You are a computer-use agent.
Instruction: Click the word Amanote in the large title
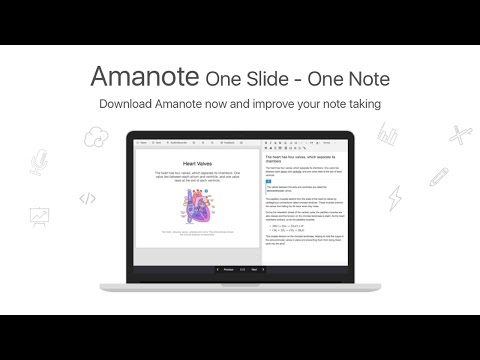pos(145,76)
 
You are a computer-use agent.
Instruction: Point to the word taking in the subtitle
pos(359,103)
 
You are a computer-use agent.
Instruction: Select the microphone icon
pos(39,161)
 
